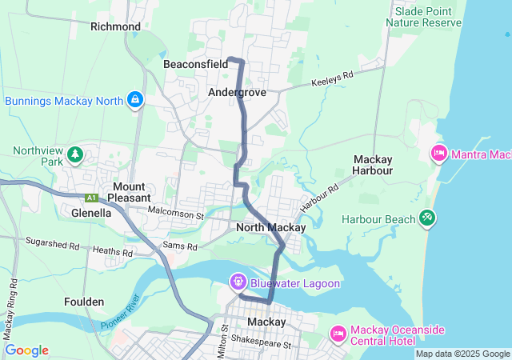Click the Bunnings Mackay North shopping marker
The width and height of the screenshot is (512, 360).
(135, 100)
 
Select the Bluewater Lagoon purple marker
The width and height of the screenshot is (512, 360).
(238, 282)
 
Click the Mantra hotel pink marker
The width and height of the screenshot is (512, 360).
(438, 153)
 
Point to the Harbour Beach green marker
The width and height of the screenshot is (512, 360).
(427, 218)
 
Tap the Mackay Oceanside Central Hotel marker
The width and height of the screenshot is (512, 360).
(338, 332)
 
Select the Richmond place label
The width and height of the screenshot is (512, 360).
(115, 26)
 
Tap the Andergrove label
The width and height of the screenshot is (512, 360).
(237, 92)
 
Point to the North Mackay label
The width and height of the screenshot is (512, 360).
(271, 228)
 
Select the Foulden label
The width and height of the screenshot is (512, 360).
(84, 302)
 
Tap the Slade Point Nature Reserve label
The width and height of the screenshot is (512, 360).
(423, 17)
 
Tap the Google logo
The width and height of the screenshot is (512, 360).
(26, 350)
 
